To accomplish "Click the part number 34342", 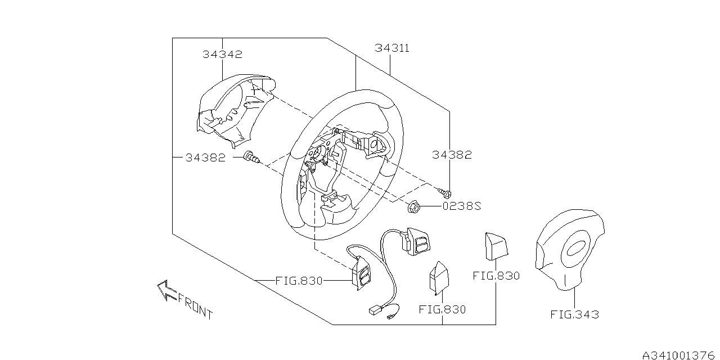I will [222, 55].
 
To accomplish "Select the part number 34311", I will [392, 48].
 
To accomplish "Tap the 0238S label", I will [462, 206].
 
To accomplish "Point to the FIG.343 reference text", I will [574, 314].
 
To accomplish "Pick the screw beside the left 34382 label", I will [251, 158].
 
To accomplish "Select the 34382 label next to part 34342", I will [205, 158].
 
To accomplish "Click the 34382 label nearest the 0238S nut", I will [452, 155].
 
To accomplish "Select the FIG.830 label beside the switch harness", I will [299, 280].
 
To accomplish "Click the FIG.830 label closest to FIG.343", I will [496, 276].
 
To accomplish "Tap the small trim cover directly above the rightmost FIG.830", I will [495, 246].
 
